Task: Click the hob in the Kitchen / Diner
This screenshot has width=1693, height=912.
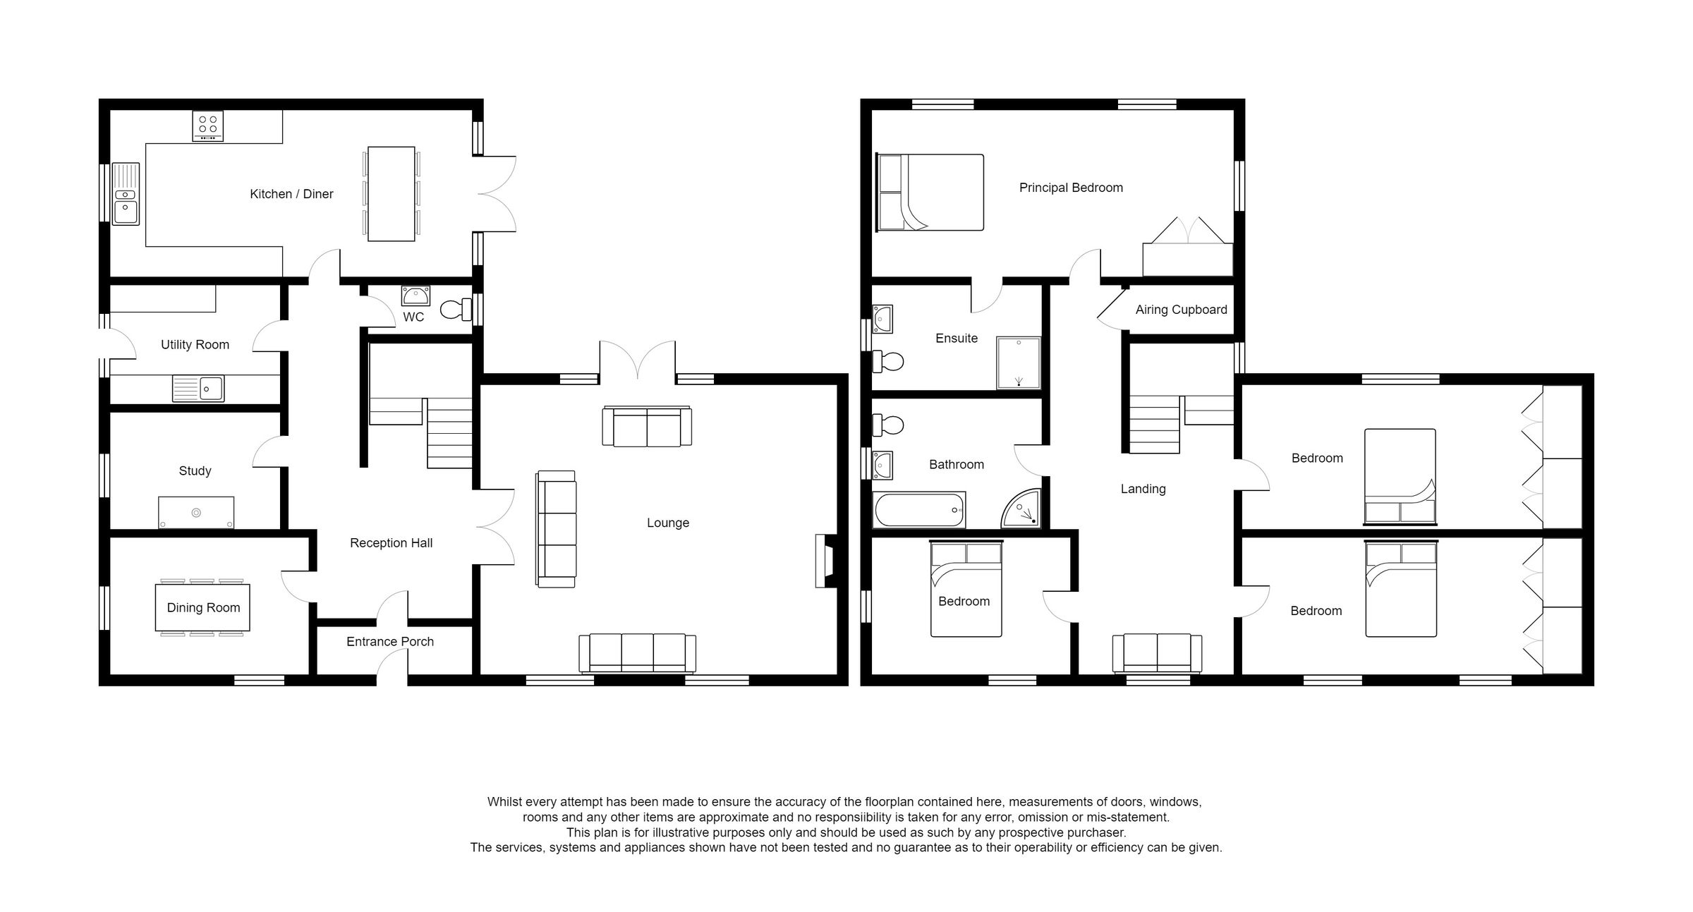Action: [x=207, y=126]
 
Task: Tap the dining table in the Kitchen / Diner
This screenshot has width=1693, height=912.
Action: [x=392, y=193]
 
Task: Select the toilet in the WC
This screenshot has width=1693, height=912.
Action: [x=456, y=309]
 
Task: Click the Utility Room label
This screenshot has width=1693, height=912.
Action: [x=195, y=345]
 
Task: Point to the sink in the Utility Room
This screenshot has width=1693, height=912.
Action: [x=199, y=388]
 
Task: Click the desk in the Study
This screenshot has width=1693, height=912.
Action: [x=196, y=512]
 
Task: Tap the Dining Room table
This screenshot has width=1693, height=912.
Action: [x=202, y=607]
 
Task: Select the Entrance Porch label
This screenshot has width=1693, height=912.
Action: [x=389, y=642]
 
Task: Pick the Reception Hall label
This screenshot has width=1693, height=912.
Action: [x=391, y=543]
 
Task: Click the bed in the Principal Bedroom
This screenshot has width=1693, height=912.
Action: [x=930, y=193]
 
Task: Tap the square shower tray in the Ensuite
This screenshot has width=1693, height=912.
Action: [x=1018, y=363]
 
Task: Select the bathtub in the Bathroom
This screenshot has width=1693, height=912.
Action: [x=918, y=510]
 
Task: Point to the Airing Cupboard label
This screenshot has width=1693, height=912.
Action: [x=1181, y=310]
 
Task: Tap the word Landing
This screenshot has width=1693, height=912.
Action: [x=1143, y=489]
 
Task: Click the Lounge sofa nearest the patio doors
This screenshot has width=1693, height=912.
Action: [x=646, y=427]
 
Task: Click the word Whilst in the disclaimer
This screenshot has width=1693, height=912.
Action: [x=506, y=802]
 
